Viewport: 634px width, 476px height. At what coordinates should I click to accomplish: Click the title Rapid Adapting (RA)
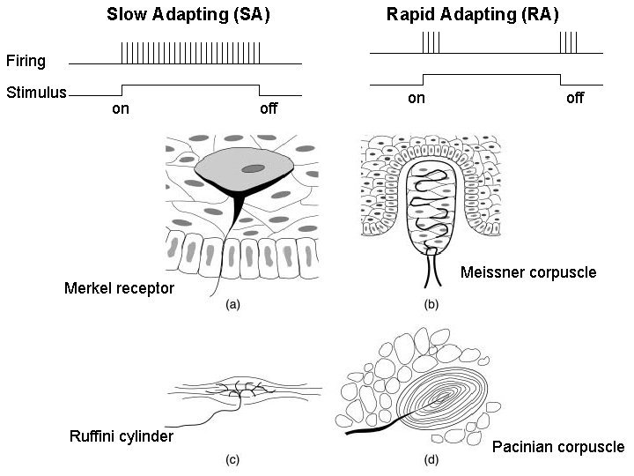(473, 14)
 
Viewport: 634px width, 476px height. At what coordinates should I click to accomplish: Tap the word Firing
(26, 62)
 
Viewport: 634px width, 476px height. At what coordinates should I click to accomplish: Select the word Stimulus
(36, 91)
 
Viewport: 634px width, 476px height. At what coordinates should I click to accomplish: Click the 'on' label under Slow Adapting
(122, 110)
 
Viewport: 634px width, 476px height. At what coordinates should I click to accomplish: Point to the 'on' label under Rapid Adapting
(417, 98)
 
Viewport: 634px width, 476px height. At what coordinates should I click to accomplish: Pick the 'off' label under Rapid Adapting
(574, 98)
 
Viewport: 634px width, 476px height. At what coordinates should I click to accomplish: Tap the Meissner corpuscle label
(528, 271)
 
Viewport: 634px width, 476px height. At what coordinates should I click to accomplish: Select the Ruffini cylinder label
(121, 436)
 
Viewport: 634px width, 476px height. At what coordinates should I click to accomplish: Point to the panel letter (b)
(431, 305)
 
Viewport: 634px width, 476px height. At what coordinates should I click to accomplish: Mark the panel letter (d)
(431, 459)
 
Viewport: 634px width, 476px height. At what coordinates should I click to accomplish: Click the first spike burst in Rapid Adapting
(431, 42)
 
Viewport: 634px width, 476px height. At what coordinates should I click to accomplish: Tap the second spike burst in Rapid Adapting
(569, 42)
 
